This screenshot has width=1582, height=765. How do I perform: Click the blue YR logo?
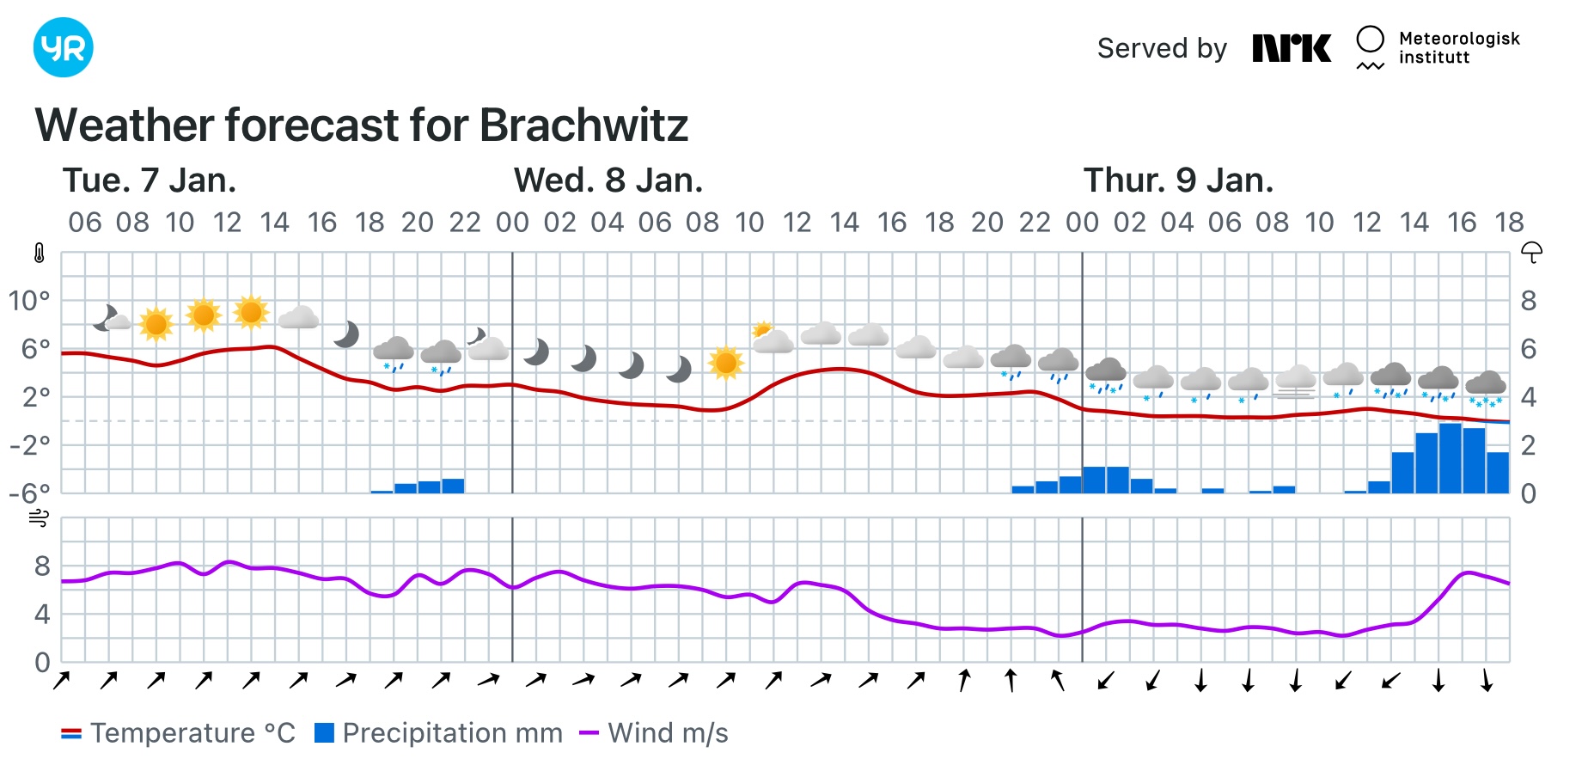pyautogui.click(x=63, y=47)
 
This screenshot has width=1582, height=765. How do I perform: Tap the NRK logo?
pyautogui.click(x=1291, y=48)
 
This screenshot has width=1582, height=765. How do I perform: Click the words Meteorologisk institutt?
pyautogui.click(x=1458, y=48)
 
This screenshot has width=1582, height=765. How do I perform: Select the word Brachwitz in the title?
pyautogui.click(x=583, y=125)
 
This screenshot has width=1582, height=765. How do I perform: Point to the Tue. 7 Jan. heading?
pyautogui.click(x=149, y=181)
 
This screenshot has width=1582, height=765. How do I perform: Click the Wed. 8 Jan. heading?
pyautogui.click(x=608, y=181)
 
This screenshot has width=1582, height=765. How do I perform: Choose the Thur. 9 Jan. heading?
pyautogui.click(x=1177, y=181)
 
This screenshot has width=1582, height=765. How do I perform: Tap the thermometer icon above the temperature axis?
pyautogui.click(x=39, y=254)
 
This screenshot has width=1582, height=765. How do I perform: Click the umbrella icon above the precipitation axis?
pyautogui.click(x=1531, y=253)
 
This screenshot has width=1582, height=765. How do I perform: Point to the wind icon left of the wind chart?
pyautogui.click(x=39, y=518)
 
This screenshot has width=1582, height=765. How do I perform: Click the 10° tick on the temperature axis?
pyautogui.click(x=29, y=301)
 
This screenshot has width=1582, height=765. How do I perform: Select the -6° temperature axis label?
pyautogui.click(x=29, y=493)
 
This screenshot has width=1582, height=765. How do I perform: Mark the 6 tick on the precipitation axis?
pyautogui.click(x=1528, y=349)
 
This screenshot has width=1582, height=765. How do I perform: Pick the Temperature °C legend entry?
pyautogui.click(x=179, y=733)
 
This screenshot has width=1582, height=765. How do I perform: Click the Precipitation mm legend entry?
pyautogui.click(x=439, y=733)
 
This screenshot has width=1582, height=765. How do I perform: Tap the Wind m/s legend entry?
pyautogui.click(x=654, y=733)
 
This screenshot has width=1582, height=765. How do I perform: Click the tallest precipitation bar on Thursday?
pyautogui.click(x=1451, y=458)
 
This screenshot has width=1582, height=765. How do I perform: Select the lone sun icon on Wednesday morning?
pyautogui.click(x=725, y=363)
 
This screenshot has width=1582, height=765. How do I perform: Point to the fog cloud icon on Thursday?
pyautogui.click(x=1295, y=382)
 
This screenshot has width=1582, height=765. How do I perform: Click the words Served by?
pyautogui.click(x=1162, y=48)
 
